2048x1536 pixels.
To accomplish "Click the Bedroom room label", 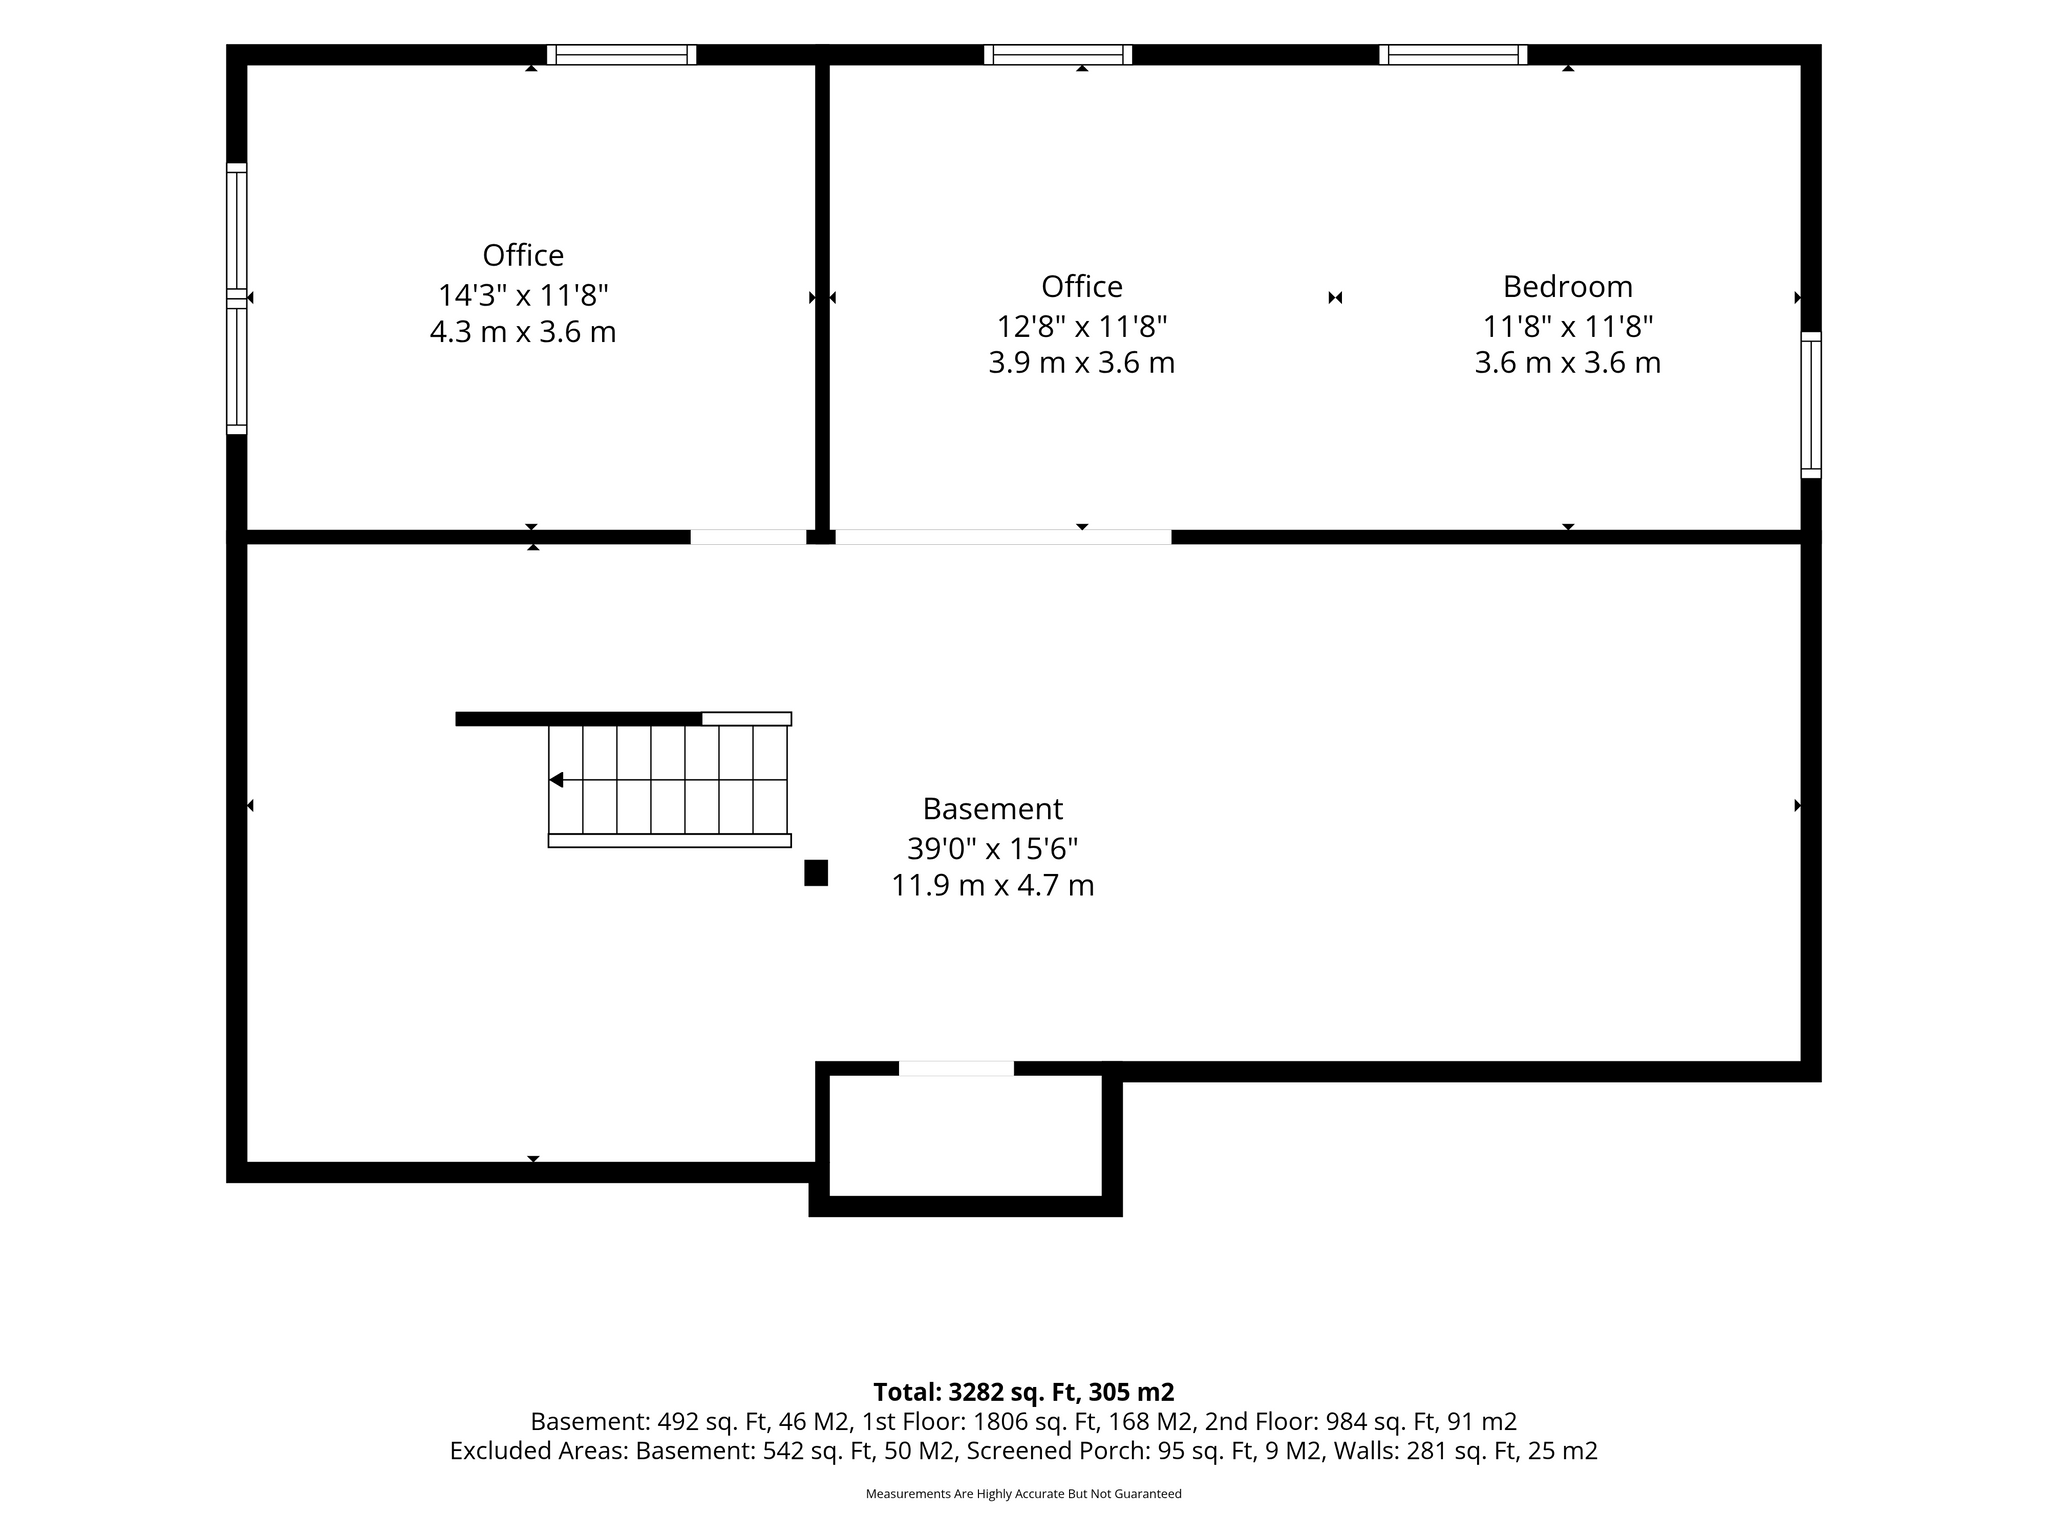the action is [x=1567, y=287].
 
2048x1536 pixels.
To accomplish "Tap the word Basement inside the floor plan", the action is [x=992, y=808].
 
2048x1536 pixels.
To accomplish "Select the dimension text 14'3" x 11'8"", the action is [x=523, y=295].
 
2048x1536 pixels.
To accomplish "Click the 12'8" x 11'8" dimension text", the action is [x=1082, y=326].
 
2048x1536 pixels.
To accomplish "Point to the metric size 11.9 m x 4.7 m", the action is [x=993, y=885].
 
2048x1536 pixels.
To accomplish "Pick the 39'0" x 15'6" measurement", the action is [x=992, y=848].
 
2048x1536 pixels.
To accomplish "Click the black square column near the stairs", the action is [x=816, y=873].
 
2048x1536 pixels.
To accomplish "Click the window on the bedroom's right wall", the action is [x=1811, y=405].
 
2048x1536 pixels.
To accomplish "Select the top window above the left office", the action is [x=621, y=55].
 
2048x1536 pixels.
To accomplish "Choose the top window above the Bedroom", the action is [x=1453, y=55].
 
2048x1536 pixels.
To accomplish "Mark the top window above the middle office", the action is [x=1058, y=55].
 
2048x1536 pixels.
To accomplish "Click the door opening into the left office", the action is [x=748, y=537].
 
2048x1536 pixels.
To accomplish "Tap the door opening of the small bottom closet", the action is [x=956, y=1068].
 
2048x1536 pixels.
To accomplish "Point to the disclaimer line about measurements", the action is [x=1023, y=1494].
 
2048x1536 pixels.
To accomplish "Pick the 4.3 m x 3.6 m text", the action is [x=523, y=332].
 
